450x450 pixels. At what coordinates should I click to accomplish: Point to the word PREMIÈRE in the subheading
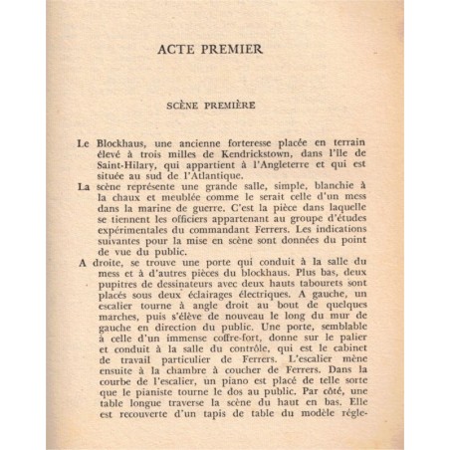[x=242, y=104]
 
